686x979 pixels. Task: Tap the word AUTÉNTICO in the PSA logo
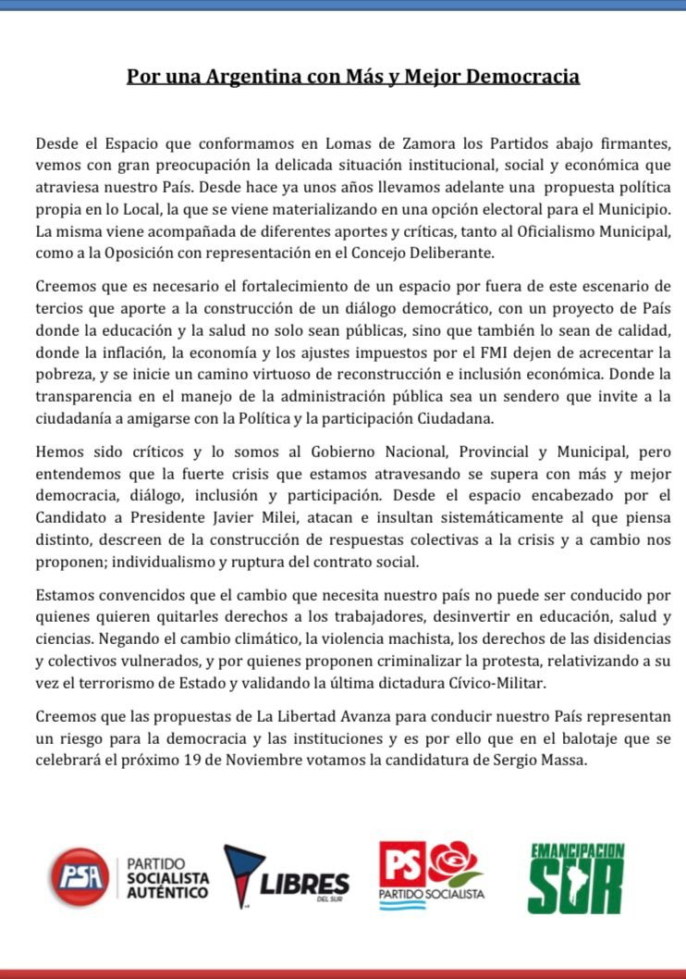tap(167, 893)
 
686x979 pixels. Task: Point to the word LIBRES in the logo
tap(304, 884)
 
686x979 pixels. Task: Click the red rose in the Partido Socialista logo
tap(453, 863)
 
